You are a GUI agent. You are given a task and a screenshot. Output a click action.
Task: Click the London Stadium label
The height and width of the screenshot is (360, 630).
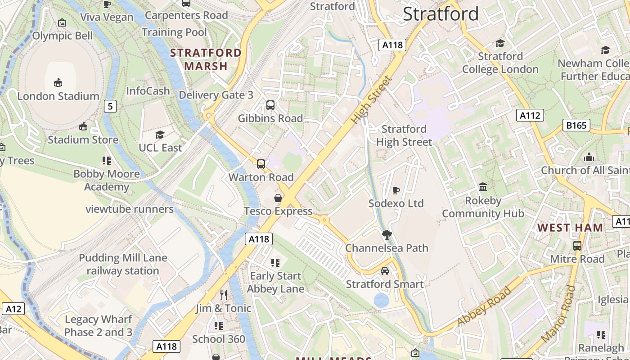[x=58, y=96]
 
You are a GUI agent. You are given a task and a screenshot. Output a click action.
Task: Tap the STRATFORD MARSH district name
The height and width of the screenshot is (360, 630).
[x=206, y=59]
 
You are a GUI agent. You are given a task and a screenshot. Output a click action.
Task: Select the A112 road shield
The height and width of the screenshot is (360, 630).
[x=530, y=115]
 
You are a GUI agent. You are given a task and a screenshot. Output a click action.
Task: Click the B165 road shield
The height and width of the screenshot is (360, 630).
[x=576, y=125]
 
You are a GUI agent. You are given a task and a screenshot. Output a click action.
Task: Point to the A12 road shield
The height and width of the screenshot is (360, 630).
[x=13, y=309]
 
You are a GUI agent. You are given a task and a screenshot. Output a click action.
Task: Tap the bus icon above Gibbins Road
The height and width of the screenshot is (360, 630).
[x=270, y=105]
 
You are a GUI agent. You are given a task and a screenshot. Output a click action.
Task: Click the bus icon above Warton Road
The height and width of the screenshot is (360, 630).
[x=261, y=164]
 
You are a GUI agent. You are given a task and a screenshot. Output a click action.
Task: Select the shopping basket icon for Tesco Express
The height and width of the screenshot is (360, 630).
[x=278, y=198]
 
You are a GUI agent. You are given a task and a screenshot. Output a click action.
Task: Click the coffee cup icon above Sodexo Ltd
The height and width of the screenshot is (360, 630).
[x=396, y=190]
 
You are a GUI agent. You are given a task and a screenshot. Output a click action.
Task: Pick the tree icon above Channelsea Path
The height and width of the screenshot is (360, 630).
[x=387, y=234]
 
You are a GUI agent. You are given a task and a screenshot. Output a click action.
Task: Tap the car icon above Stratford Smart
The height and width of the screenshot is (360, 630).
[x=385, y=271]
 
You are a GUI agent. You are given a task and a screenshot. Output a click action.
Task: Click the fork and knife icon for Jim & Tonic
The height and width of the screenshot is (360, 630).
[x=224, y=295]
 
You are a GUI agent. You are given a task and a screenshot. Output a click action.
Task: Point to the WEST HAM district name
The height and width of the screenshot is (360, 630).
[x=570, y=228]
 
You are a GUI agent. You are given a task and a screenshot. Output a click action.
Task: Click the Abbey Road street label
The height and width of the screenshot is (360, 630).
[x=484, y=306]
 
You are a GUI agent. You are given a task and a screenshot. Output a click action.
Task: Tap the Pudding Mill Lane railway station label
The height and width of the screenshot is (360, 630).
[x=123, y=264]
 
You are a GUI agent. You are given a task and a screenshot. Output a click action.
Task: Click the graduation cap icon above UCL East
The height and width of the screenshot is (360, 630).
[x=160, y=135]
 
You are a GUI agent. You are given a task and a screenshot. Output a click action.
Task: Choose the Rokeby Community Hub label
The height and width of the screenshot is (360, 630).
[x=483, y=207]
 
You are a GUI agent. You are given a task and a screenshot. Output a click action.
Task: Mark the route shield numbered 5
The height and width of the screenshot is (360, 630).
[x=110, y=106]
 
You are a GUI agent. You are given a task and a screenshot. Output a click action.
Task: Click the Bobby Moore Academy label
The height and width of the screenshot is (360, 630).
[x=107, y=180]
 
